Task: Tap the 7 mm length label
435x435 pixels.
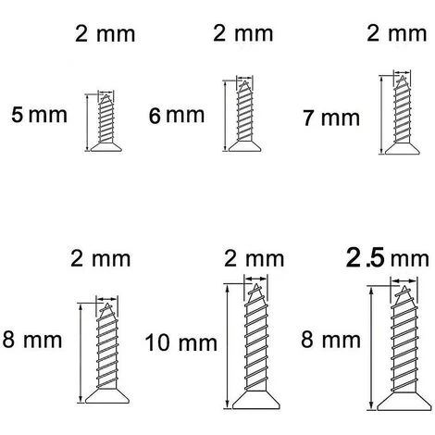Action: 330,118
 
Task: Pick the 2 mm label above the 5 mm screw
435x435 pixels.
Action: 104,35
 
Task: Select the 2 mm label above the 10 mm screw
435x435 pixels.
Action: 253,258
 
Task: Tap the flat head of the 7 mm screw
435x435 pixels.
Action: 401,147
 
